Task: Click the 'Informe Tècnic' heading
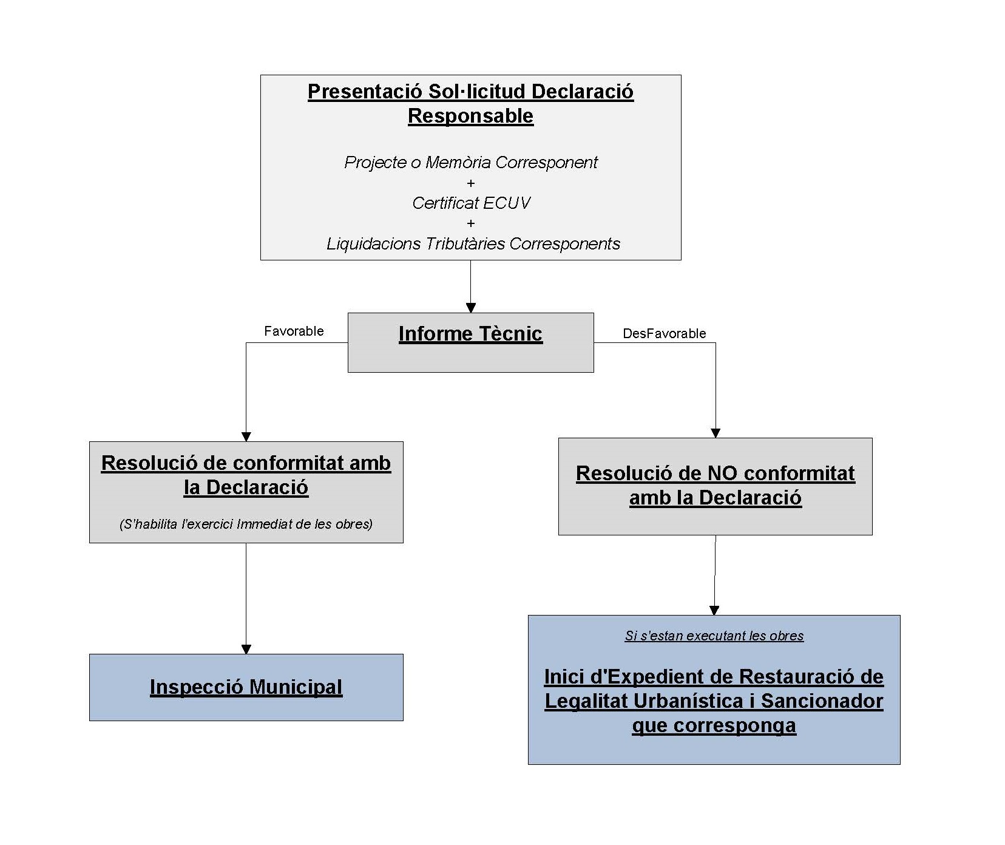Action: click(x=470, y=334)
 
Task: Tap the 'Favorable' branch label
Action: click(x=294, y=331)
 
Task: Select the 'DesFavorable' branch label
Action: click(x=665, y=333)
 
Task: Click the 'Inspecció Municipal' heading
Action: click(x=246, y=687)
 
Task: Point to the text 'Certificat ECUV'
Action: click(x=471, y=203)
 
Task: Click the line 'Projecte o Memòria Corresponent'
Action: click(x=471, y=163)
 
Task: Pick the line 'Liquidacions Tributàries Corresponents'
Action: click(x=473, y=244)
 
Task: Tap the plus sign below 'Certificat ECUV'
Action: click(x=471, y=223)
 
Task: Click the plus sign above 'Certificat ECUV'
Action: click(x=471, y=183)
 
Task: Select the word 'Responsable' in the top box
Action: click(x=470, y=116)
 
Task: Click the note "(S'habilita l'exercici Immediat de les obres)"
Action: click(x=246, y=524)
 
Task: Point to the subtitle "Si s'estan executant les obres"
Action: click(x=714, y=636)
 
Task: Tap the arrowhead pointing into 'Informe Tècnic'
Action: click(x=471, y=308)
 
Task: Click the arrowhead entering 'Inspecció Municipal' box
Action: click(x=246, y=649)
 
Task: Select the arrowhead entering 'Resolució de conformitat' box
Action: click(x=246, y=436)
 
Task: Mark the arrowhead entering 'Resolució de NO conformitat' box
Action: click(x=715, y=433)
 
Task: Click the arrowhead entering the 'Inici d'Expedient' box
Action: click(x=714, y=610)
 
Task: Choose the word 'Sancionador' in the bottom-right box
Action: click(x=822, y=701)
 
